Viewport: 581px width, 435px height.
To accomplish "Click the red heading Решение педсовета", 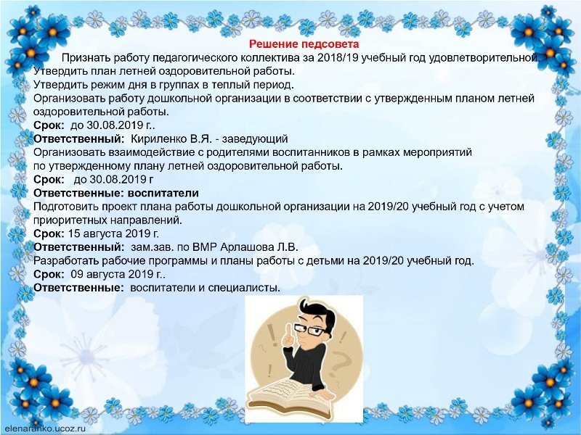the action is pyautogui.click(x=304, y=44).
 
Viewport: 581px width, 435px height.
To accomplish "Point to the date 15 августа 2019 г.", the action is pyautogui.click(x=113, y=233).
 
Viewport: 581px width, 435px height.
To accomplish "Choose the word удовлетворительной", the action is pyautogui.click(x=484, y=58).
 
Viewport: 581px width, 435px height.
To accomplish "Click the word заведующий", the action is pyautogui.click(x=255, y=138).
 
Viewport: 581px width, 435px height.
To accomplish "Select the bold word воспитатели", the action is pyautogui.click(x=163, y=193).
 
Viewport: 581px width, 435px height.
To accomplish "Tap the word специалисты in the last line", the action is pyautogui.click(x=242, y=288).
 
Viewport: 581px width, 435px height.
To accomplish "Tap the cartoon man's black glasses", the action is pyautogui.click(x=310, y=329).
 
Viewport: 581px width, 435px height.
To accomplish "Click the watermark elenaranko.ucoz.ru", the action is pyautogui.click(x=45, y=429).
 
